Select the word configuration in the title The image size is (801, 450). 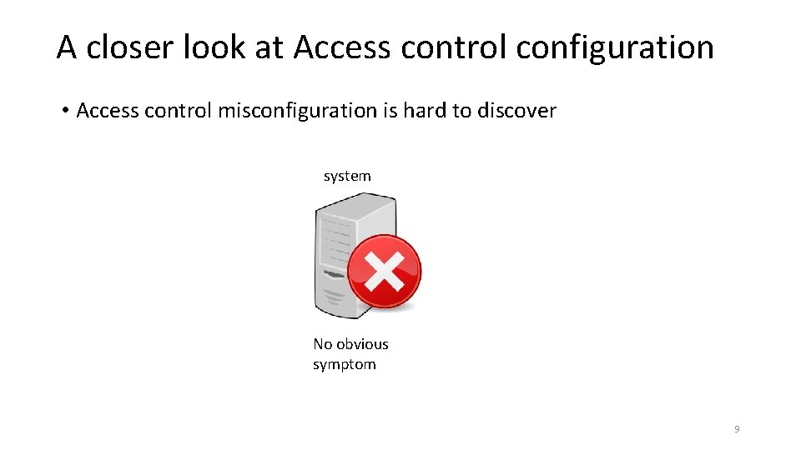click(615, 47)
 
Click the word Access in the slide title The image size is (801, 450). click(342, 47)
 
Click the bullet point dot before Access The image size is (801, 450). click(64, 111)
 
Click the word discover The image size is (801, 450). click(516, 111)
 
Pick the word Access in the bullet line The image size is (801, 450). click(108, 111)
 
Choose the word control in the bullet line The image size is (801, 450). click(179, 111)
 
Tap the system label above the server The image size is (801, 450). click(347, 176)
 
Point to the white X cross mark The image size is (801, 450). click(384, 271)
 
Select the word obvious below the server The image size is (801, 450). click(363, 344)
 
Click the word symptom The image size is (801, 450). click(344, 364)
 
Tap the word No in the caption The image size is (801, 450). click(322, 344)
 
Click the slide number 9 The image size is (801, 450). click(737, 429)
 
